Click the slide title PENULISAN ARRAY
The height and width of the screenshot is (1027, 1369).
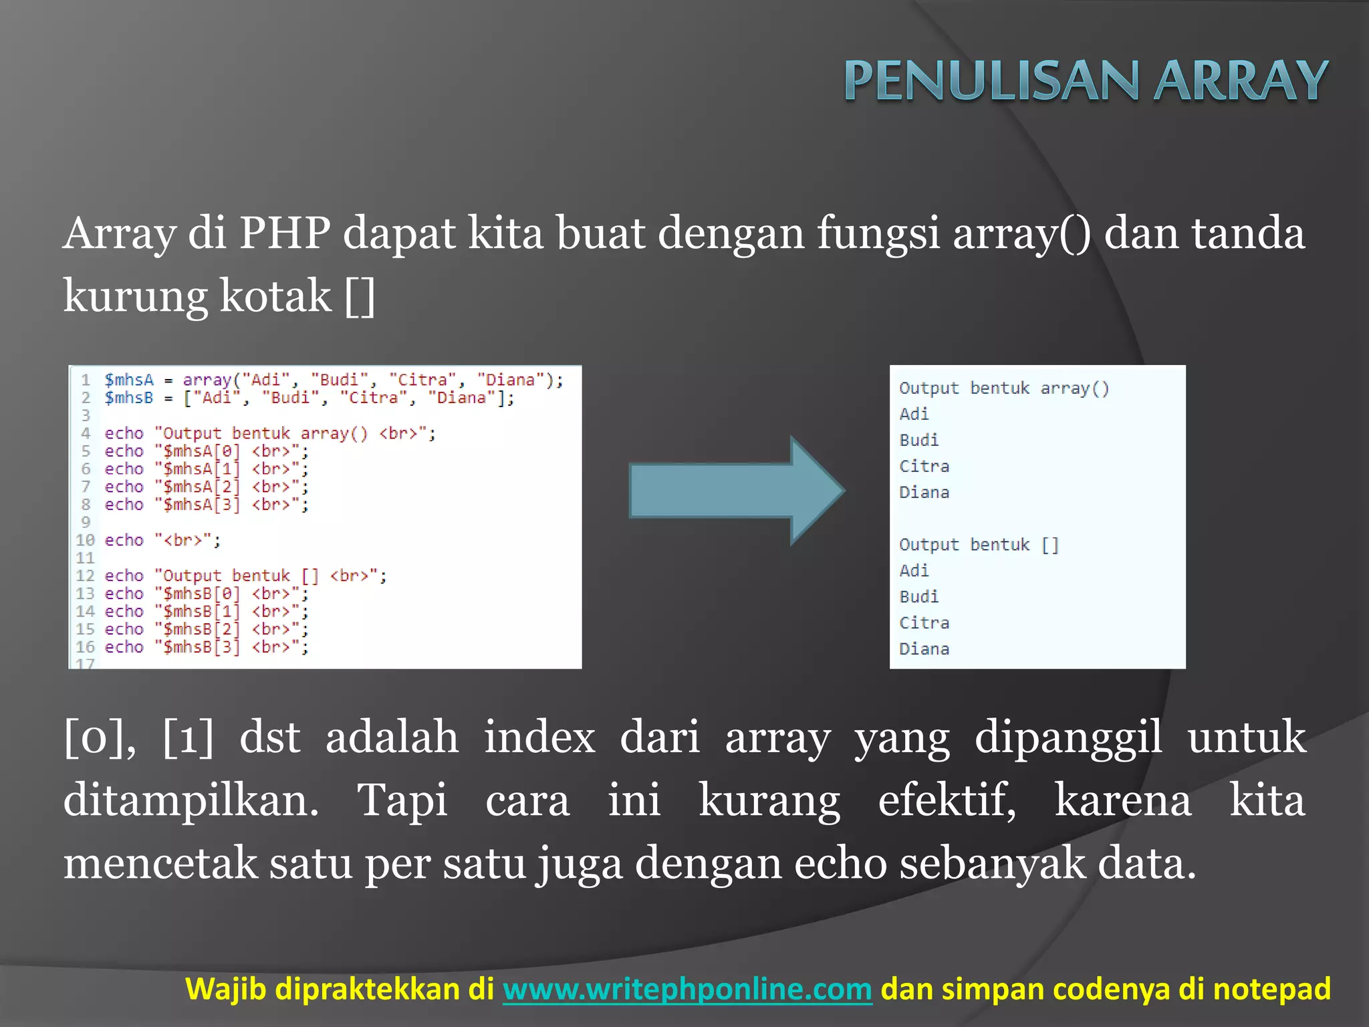(x=1086, y=80)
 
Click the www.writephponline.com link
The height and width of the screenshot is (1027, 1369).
(x=687, y=989)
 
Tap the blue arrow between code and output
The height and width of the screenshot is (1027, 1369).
(x=735, y=491)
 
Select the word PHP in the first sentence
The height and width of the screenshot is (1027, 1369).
(x=285, y=233)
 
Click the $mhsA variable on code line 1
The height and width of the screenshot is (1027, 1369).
(x=129, y=380)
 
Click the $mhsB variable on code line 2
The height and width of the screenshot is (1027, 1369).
(x=129, y=398)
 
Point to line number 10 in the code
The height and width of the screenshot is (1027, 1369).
(x=85, y=540)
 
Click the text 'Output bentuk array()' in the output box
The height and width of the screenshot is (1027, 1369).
(x=1004, y=388)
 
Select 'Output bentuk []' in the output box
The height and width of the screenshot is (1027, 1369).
(x=979, y=545)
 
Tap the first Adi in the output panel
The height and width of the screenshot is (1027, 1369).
(x=914, y=415)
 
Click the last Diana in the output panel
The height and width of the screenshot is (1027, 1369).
(x=924, y=649)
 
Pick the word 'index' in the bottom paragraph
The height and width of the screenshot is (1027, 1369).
(x=539, y=737)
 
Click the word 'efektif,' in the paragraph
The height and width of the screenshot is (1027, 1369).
(x=947, y=800)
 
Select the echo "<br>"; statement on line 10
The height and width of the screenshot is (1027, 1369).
(x=162, y=540)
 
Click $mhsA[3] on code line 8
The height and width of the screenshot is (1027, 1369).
(x=201, y=505)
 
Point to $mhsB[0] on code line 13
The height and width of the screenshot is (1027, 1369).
(x=201, y=594)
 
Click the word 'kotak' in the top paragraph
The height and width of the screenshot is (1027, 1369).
(x=275, y=296)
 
